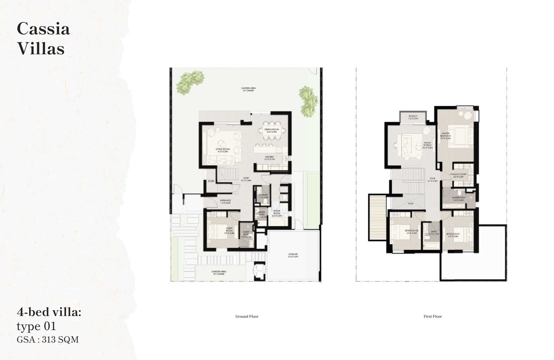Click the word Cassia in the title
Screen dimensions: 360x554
coord(43,29)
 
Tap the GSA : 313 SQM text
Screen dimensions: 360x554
coord(48,340)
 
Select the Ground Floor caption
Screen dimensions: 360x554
coord(247,316)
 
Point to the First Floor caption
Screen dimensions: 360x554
coord(433,316)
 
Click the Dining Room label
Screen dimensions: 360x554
coord(271,130)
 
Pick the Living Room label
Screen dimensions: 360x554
coord(223,150)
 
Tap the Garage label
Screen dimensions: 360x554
coord(293,255)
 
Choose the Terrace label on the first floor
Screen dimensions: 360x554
coord(413,117)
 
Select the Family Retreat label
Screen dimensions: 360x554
coord(427,145)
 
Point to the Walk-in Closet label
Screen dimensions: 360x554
coord(458,175)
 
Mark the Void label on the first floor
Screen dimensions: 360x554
coord(411,204)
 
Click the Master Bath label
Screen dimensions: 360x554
coord(458,199)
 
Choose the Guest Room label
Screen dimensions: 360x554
coord(229,231)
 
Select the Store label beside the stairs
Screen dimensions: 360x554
coord(211,181)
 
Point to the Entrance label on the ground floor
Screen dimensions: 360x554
coord(225,202)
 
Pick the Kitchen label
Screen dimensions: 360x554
coord(269,158)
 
